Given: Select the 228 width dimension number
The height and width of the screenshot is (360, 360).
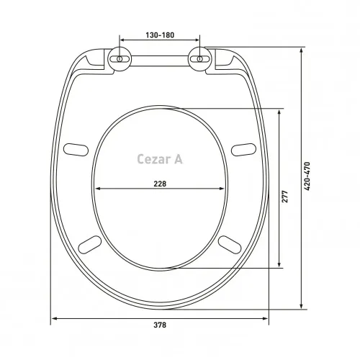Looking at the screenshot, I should point(160,184).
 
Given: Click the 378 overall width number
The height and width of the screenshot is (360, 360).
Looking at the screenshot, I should point(160,325).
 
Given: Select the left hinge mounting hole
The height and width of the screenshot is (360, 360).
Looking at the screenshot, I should point(119,58).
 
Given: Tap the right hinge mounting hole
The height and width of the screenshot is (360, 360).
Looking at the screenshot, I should point(201,58).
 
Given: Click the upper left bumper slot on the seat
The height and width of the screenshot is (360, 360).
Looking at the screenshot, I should point(74,148).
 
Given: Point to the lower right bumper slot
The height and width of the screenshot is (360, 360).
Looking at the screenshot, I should point(229,243).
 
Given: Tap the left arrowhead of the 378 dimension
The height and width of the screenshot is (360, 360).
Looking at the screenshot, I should point(53,319).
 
